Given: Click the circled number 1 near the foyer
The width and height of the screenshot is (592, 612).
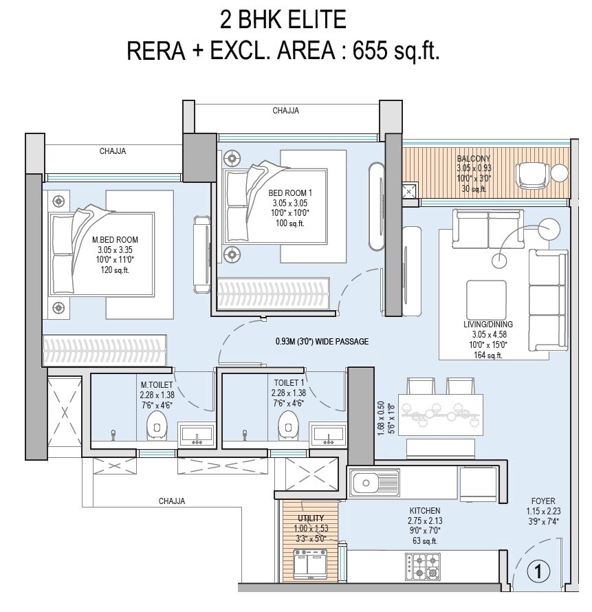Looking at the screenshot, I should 540,571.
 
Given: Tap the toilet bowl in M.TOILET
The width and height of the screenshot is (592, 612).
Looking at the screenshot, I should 157,426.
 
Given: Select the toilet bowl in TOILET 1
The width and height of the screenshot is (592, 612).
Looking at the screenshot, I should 288,426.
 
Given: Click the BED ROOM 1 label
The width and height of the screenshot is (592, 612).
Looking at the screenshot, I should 290,193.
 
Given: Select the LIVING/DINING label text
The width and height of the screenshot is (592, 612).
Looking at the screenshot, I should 487,324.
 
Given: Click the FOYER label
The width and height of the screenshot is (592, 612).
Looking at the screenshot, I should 542,501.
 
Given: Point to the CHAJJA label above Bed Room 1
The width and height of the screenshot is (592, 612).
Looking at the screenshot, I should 285,110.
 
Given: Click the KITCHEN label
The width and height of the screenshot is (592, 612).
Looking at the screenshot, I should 424,511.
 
